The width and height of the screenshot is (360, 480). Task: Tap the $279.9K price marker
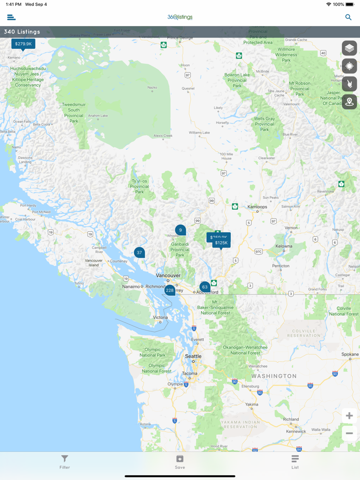[x=23, y=44]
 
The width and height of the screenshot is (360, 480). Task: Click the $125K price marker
[x=221, y=243]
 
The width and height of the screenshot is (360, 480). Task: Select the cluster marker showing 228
[x=170, y=290]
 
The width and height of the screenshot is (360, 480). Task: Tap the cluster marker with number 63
[x=205, y=287]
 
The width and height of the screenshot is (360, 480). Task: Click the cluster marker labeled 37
[x=139, y=252]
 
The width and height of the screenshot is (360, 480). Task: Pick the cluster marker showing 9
[x=180, y=230]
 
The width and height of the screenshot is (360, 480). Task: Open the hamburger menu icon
[x=11, y=17]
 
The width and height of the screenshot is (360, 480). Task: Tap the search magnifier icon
[x=348, y=17]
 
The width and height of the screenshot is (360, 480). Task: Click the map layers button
[x=349, y=48]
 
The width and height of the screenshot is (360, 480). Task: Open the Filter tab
[x=64, y=461]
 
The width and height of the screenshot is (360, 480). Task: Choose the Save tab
[x=180, y=461]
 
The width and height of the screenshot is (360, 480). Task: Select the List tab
[x=295, y=461]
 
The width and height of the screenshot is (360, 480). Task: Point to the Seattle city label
[x=193, y=356]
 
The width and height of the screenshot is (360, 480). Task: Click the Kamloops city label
[x=257, y=207]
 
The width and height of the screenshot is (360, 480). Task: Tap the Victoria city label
[x=160, y=318]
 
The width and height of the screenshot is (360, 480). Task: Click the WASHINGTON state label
[x=274, y=376]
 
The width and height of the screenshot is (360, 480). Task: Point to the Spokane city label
[x=350, y=355]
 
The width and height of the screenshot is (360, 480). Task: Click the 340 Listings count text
[x=22, y=32]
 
